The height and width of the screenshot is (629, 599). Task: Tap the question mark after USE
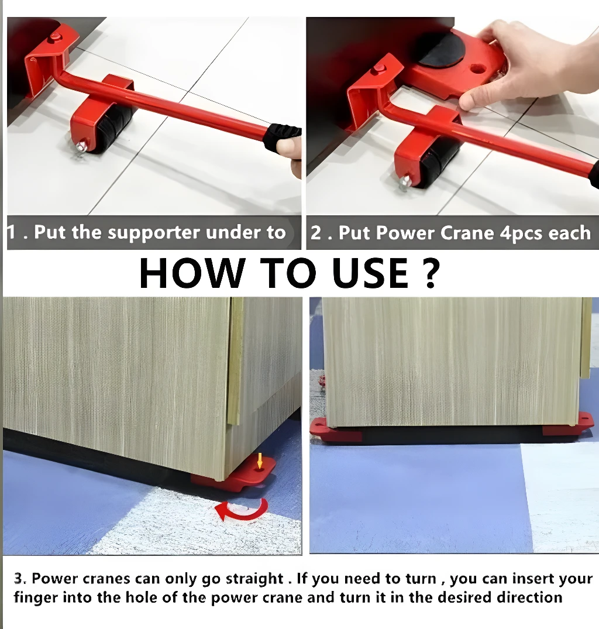431,273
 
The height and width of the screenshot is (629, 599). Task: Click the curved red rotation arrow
242,509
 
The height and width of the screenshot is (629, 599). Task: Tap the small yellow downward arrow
260,460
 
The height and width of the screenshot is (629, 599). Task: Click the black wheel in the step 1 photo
113,128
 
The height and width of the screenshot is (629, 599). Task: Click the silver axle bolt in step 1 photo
82,146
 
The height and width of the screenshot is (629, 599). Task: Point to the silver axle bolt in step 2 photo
405,182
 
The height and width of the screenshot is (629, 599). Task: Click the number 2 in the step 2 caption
315,233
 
